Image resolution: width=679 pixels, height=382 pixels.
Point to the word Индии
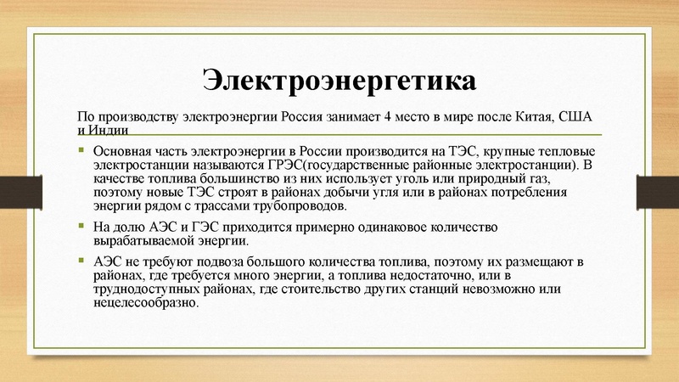pyautogui.click(x=109, y=130)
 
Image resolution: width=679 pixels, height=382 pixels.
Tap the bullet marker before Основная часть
pyautogui.click(x=81, y=150)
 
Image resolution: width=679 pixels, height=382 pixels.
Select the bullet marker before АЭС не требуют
pyautogui.click(x=81, y=261)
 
